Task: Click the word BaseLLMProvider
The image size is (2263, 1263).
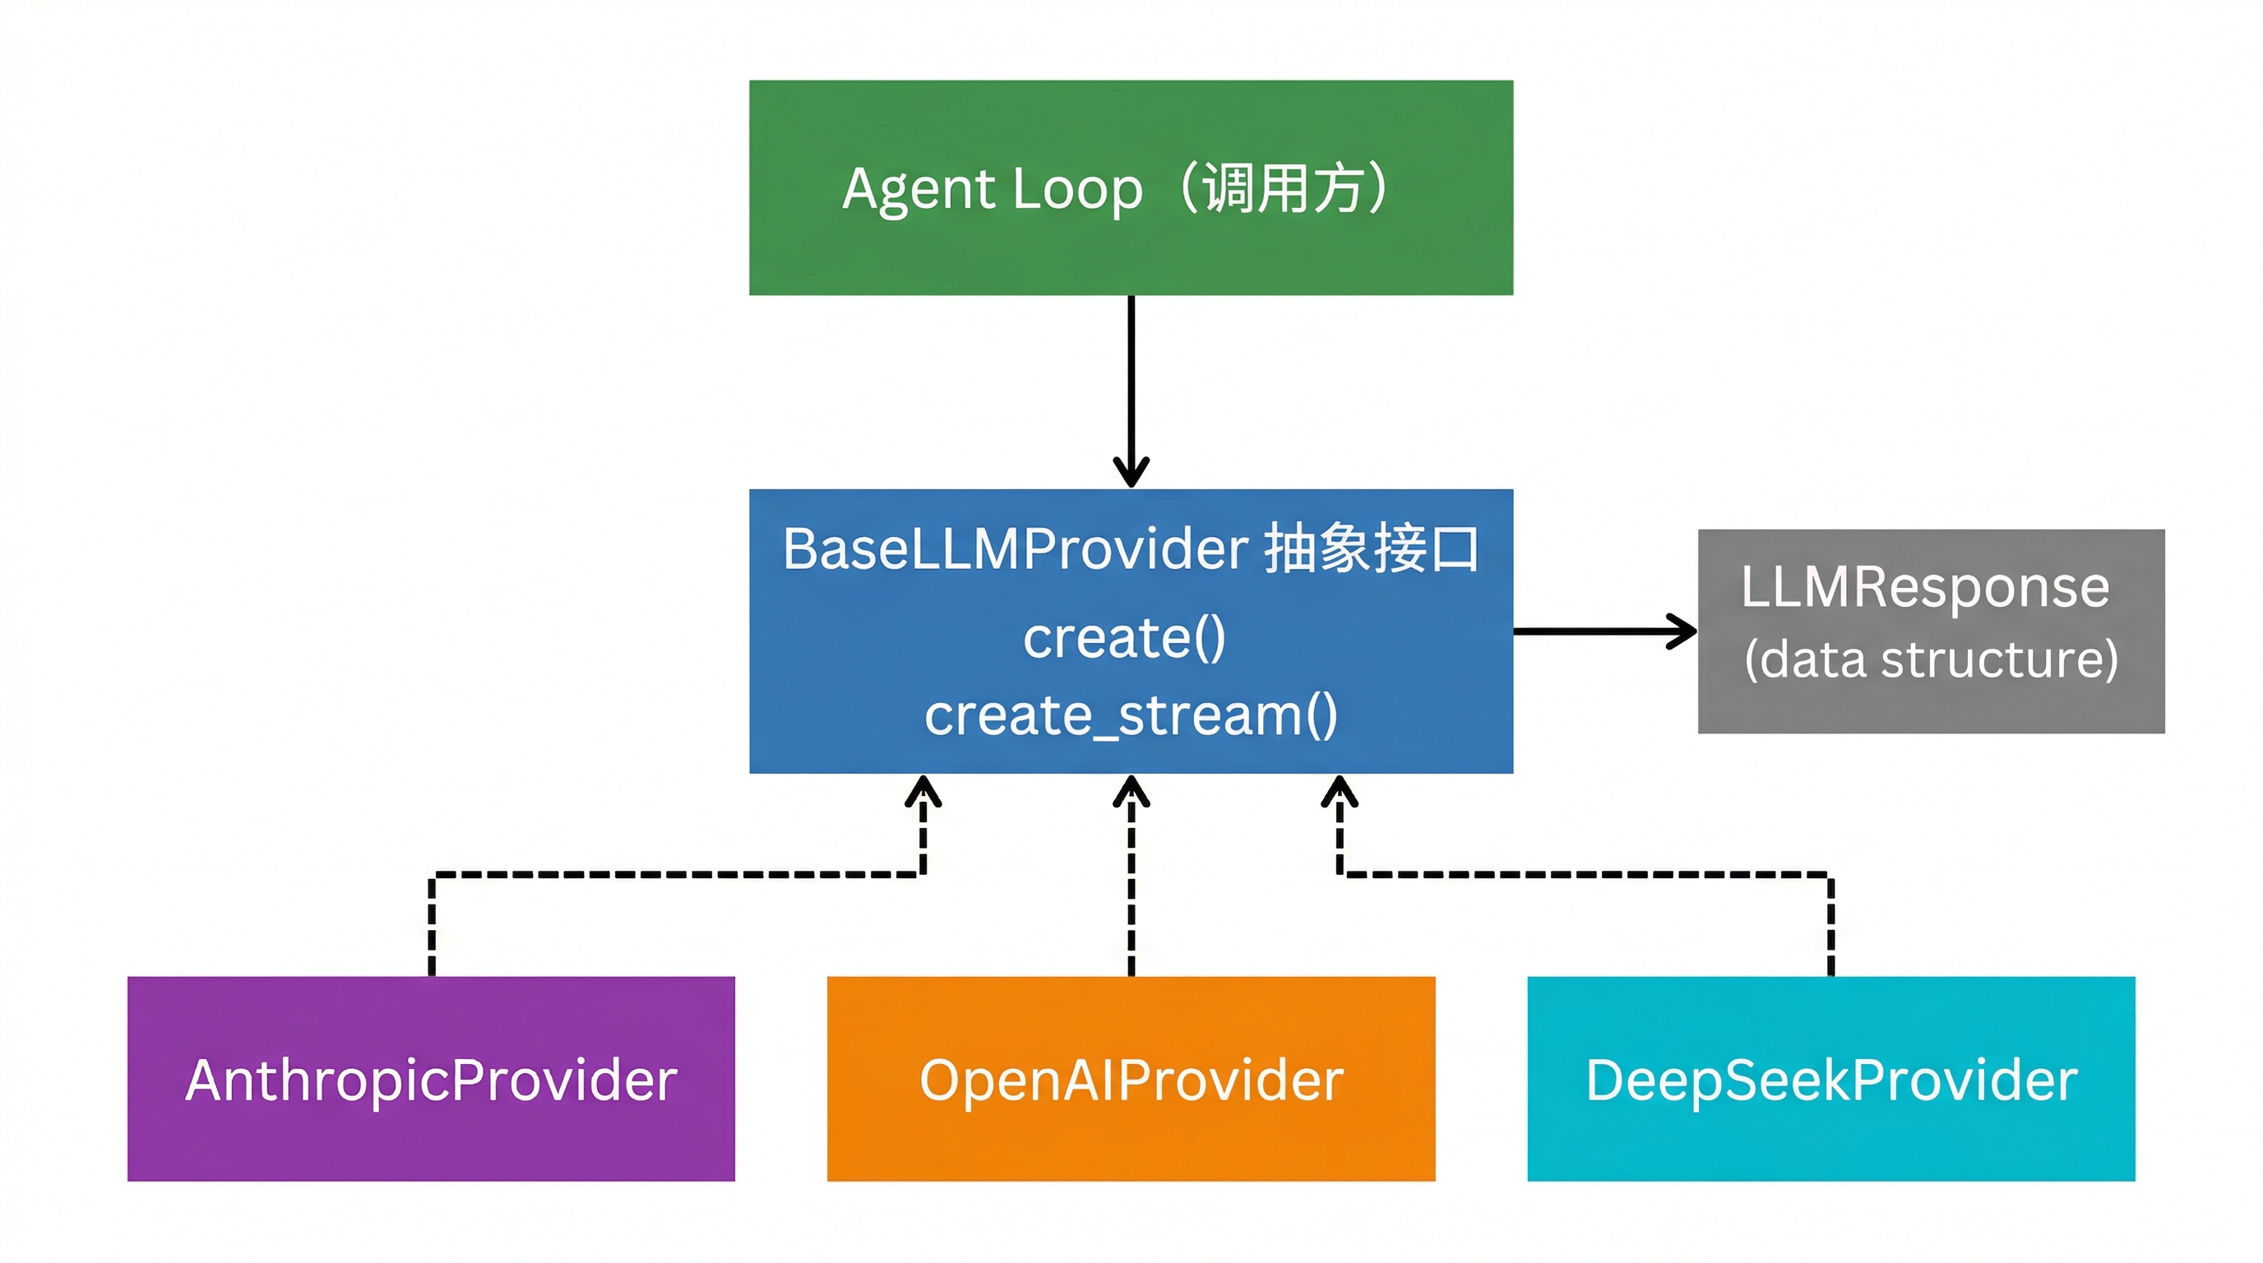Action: tap(1015, 549)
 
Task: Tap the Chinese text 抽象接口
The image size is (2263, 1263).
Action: tap(1372, 549)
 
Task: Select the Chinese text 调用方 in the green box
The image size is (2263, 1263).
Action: tap(1283, 188)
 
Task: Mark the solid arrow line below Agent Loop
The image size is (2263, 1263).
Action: tap(1131, 377)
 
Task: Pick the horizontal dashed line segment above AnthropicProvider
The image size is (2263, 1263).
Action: tap(677, 874)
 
